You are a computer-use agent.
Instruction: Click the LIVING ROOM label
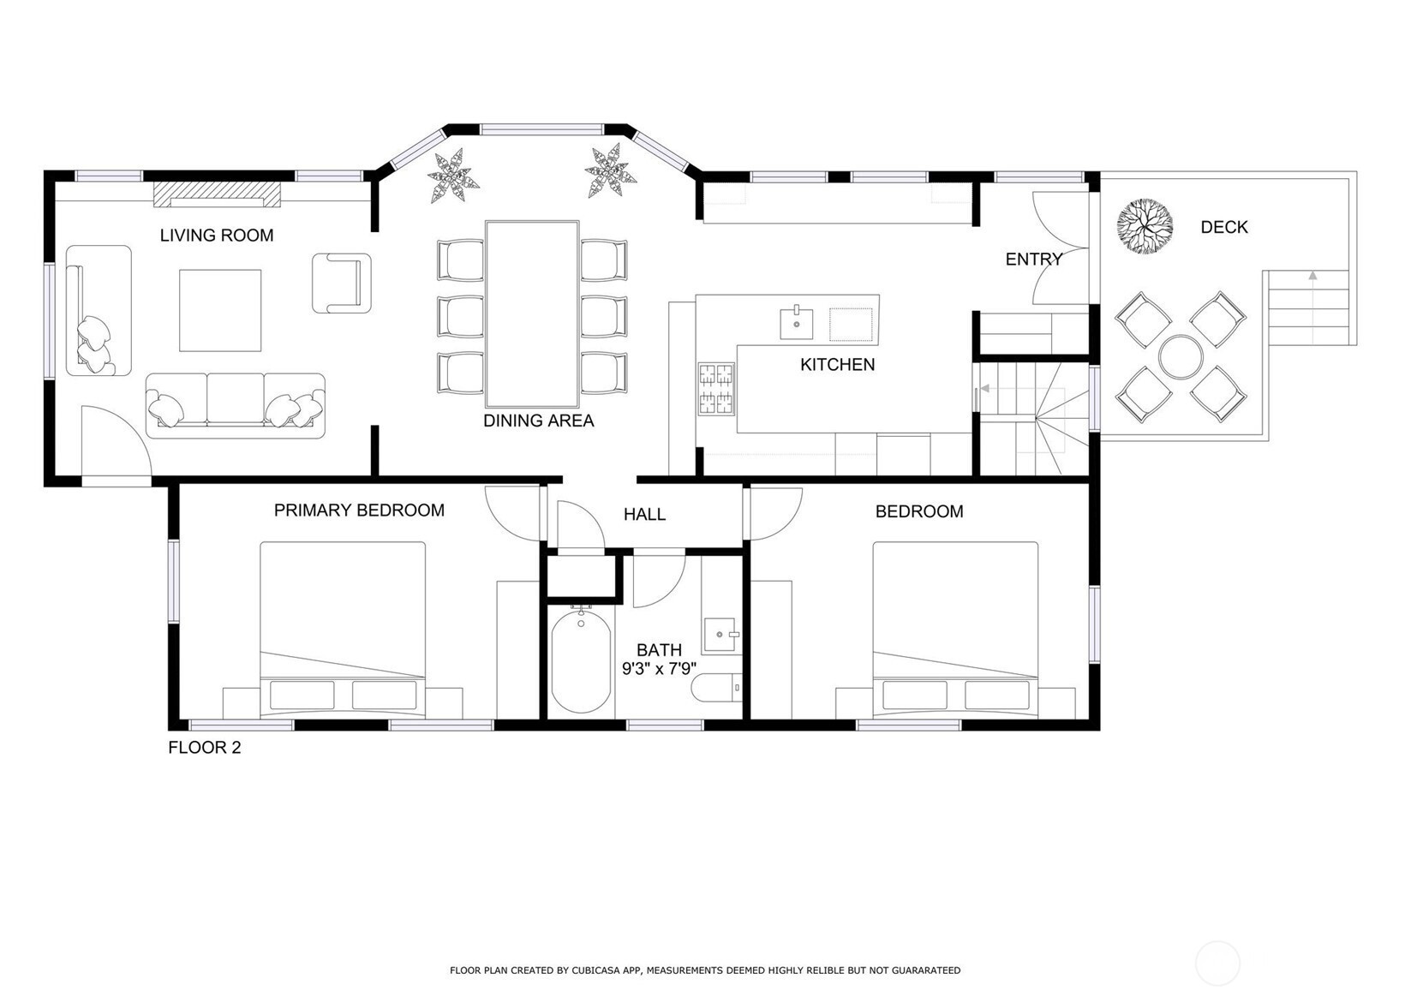click(x=217, y=236)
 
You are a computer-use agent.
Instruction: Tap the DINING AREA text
click(x=538, y=421)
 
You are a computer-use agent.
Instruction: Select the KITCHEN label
click(x=837, y=365)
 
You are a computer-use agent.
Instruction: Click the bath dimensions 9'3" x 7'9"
click(x=659, y=669)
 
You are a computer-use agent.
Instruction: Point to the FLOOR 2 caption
click(x=204, y=748)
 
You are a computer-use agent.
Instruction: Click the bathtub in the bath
click(x=581, y=660)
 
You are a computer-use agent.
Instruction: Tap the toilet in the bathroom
click(x=716, y=687)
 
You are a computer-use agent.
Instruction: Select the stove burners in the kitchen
click(x=716, y=390)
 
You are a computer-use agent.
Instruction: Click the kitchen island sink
click(x=796, y=324)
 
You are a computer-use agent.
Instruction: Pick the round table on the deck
click(x=1181, y=356)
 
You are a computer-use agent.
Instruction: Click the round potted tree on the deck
click(x=1144, y=225)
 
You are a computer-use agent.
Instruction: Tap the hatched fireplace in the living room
click(x=218, y=195)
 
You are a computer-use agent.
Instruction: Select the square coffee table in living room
click(x=220, y=310)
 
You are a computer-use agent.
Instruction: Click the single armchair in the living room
click(x=341, y=283)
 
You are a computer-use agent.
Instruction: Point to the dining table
click(x=532, y=314)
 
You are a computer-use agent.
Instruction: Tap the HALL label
click(x=644, y=515)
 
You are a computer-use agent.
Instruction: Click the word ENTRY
click(x=1033, y=260)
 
